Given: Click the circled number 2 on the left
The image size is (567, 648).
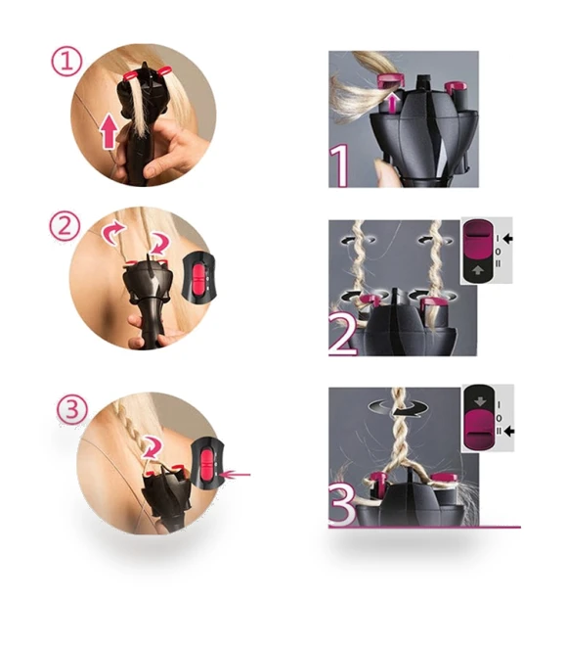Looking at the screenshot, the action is (x=64, y=226).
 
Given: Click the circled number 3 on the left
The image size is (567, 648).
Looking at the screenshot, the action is (x=71, y=410).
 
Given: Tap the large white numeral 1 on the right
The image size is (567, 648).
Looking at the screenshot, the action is (x=339, y=167).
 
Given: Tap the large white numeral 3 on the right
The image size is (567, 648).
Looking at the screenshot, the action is (x=342, y=505).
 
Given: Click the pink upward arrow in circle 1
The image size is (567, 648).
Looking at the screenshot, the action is (x=109, y=131).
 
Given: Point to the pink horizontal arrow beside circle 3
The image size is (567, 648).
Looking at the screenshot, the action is (x=234, y=475).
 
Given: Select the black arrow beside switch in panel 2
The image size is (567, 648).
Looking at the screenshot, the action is (x=508, y=239).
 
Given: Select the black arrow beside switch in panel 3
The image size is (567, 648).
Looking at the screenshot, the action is (x=509, y=432).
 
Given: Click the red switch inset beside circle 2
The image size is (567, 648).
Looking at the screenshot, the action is (x=198, y=276).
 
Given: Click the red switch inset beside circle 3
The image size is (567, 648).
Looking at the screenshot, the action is (x=206, y=461).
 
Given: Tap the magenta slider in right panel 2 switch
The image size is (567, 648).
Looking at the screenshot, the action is (x=478, y=239).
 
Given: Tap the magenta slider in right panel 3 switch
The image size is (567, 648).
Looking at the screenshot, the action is (x=480, y=430).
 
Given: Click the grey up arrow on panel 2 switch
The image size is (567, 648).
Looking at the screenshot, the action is (x=478, y=270).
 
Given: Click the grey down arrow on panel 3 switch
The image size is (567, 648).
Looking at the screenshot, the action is (x=480, y=401).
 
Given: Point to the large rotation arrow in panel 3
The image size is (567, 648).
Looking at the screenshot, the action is (x=400, y=406).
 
